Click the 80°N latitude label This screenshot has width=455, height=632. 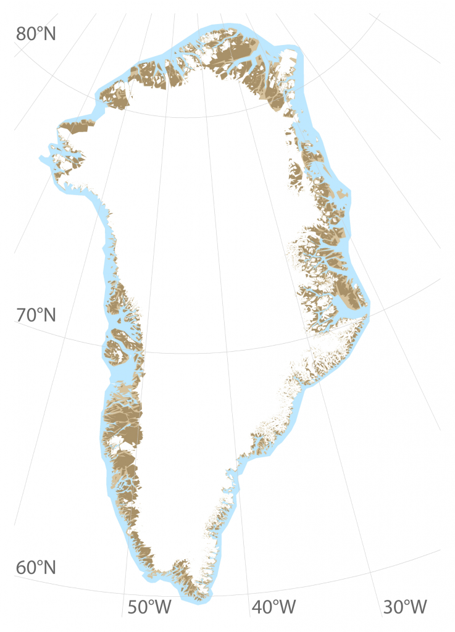[x=36, y=33]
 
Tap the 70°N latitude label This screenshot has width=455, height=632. [x=36, y=315]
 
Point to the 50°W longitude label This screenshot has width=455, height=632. [x=149, y=607]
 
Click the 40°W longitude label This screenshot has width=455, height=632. [x=273, y=607]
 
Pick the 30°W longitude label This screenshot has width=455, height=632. [x=404, y=607]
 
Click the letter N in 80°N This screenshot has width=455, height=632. [x=48, y=33]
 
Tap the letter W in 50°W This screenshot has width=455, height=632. [x=162, y=607]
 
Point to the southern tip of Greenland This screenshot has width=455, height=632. [x=202, y=596]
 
